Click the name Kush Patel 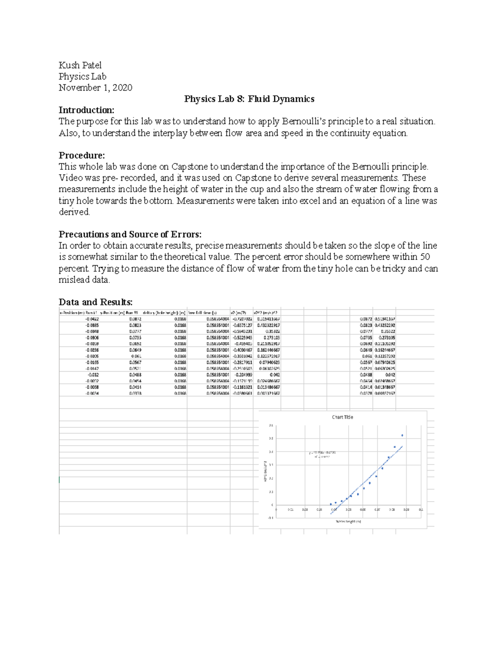[x=80, y=65]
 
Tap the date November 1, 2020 [x=95, y=88]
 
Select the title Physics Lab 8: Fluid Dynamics [x=249, y=99]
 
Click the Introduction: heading [x=86, y=110]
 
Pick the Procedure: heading [x=81, y=155]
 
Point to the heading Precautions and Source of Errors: [x=130, y=234]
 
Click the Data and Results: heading [x=96, y=302]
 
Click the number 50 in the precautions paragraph [x=425, y=257]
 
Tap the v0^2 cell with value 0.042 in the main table [x=274, y=375]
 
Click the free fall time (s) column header [x=203, y=313]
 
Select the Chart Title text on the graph [x=342, y=417]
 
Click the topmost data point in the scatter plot [x=402, y=435]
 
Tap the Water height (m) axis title [x=348, y=522]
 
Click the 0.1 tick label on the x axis [x=421, y=509]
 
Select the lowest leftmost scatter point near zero [x=331, y=504]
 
